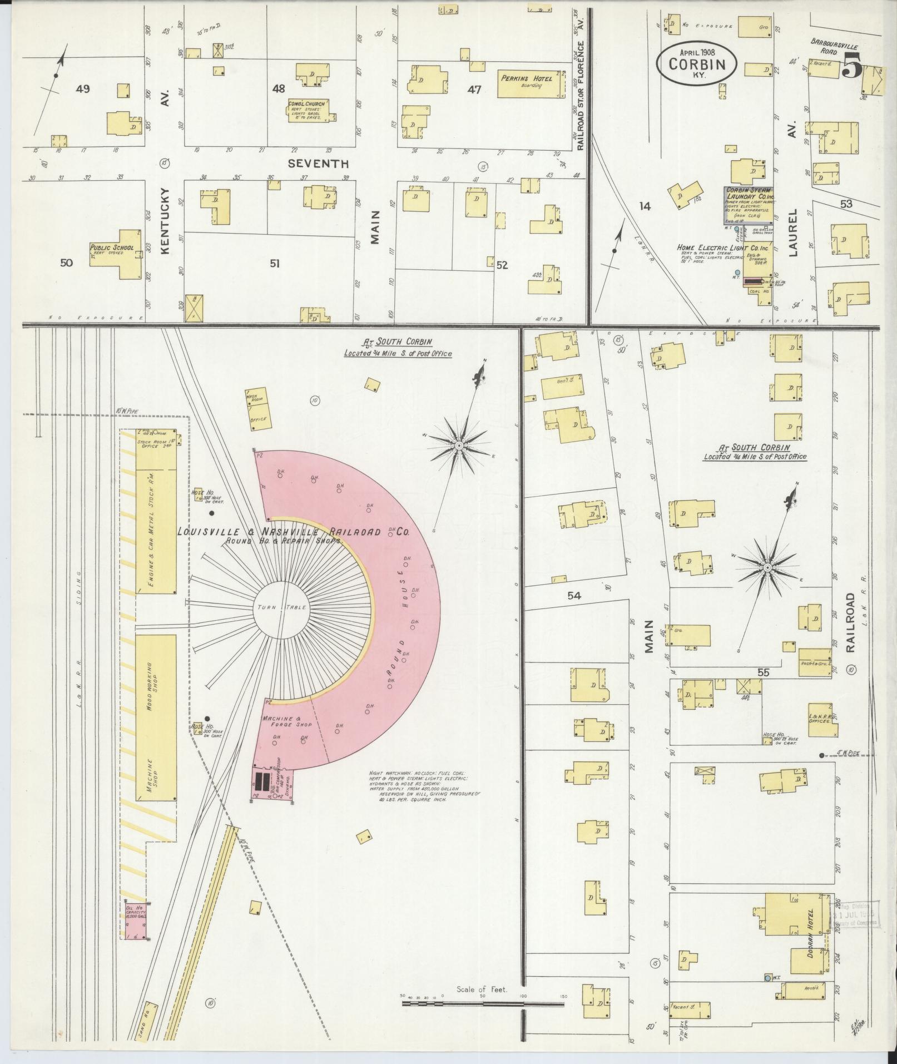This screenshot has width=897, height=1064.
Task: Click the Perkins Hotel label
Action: (527, 79)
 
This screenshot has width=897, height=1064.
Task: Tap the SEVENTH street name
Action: (318, 164)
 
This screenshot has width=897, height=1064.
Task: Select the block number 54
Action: (574, 596)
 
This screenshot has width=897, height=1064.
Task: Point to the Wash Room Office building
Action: (257, 408)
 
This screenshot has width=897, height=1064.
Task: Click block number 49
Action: (82, 89)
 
